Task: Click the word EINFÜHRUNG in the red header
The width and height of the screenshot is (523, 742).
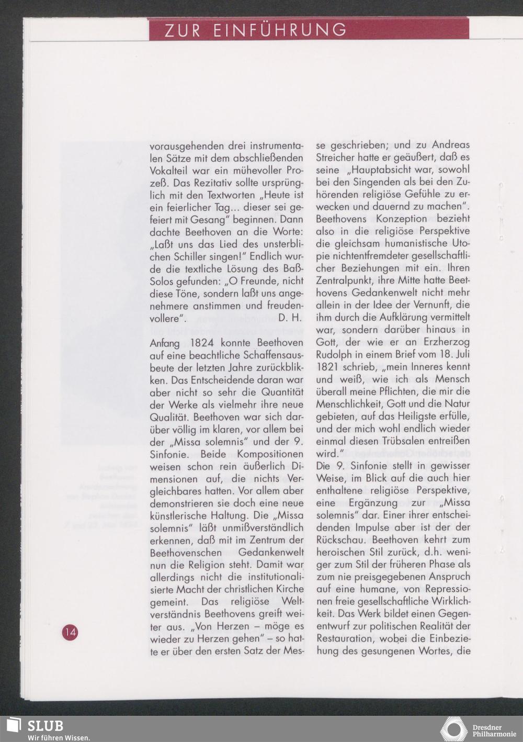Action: [279, 30]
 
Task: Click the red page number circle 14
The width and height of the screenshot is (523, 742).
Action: [70, 632]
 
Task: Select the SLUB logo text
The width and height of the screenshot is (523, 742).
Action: [45, 726]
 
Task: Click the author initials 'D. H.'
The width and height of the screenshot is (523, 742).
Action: [290, 318]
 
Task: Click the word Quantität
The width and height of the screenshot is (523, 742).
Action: [282, 392]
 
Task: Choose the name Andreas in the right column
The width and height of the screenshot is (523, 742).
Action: [450, 145]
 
